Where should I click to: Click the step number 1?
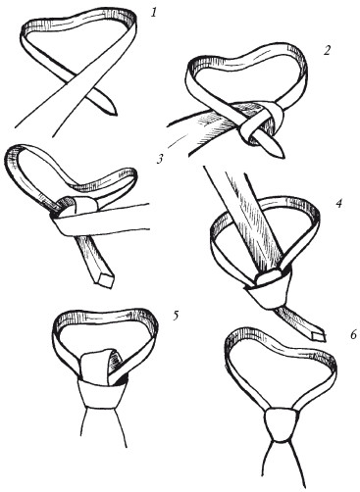pyautogui.click(x=154, y=13)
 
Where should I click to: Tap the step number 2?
pyautogui.click(x=328, y=51)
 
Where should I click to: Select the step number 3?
pyautogui.click(x=159, y=159)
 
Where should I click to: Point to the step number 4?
pyautogui.click(x=338, y=204)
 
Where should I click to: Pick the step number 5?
pyautogui.click(x=176, y=316)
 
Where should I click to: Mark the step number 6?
pyautogui.click(x=353, y=335)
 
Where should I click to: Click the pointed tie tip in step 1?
pyautogui.click(x=115, y=113)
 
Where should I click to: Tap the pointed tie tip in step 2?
pyautogui.click(x=282, y=157)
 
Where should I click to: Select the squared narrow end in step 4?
pyautogui.click(x=319, y=336)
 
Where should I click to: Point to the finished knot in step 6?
pyautogui.click(x=282, y=424)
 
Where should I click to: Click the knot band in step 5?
pyautogui.click(x=101, y=394)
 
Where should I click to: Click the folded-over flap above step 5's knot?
pyautogui.click(x=100, y=365)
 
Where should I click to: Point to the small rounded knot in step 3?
pyautogui.click(x=78, y=205)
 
